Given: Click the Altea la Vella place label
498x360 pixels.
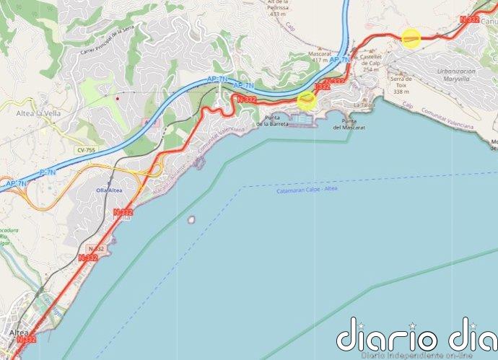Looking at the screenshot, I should [38, 113].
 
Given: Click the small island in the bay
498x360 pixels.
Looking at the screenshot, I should [191, 219].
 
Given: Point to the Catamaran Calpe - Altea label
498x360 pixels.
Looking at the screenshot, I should [306, 189].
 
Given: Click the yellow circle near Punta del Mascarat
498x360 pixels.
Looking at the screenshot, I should [307, 100].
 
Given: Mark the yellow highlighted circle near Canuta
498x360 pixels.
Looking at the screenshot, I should [411, 38].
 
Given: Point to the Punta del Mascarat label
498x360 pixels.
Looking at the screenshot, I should [349, 124].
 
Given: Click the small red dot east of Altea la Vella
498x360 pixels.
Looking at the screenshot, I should [117, 95].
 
